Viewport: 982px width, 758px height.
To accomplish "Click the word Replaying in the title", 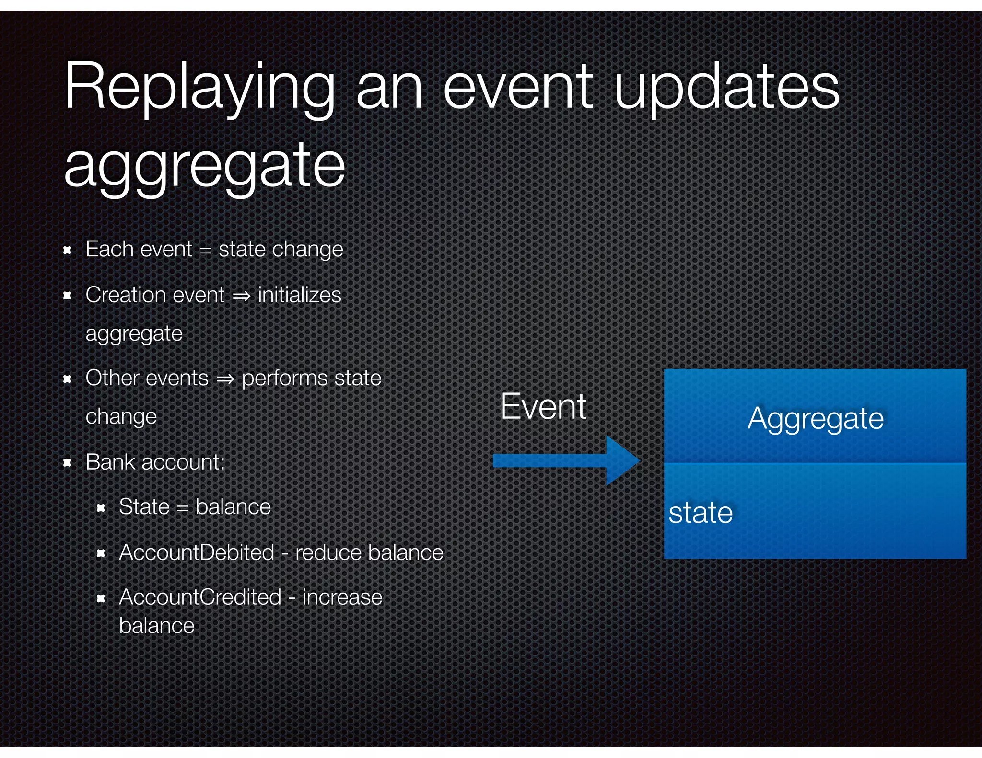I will (x=199, y=89).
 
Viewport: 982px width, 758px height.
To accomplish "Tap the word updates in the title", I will (x=726, y=89).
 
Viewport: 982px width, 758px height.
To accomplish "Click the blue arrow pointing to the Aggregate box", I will (x=566, y=460).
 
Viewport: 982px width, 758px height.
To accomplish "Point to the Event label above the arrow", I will (x=543, y=406).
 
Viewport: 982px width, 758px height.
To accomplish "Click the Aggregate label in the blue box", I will (x=815, y=419).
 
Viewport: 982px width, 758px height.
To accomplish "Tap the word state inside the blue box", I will (x=701, y=513).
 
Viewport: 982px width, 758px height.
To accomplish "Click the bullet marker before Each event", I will (x=68, y=250).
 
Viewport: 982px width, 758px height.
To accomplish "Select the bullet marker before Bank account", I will (x=68, y=463).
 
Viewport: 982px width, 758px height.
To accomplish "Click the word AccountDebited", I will (x=197, y=552).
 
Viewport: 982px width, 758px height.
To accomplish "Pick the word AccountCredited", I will (x=200, y=597).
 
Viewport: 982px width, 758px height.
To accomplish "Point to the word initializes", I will (x=299, y=295).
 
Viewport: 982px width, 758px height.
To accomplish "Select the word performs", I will (x=284, y=379).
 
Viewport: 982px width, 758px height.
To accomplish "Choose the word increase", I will (x=342, y=597).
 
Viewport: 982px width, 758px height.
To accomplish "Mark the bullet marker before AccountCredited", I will (x=101, y=598).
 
